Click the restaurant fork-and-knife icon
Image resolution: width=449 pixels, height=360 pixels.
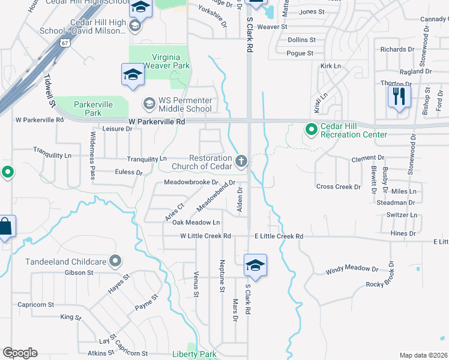[x=399, y=96]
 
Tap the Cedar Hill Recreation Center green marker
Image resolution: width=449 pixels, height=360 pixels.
[x=311, y=129]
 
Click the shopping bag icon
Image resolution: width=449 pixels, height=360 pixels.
[x=5, y=227]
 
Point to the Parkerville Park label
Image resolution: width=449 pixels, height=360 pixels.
[x=93, y=108]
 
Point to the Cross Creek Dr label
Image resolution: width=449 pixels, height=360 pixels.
[x=339, y=187]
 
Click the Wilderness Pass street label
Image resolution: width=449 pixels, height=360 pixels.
[x=92, y=155]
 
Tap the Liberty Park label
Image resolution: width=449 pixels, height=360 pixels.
[x=194, y=354]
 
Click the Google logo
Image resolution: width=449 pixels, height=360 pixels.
[x=20, y=353]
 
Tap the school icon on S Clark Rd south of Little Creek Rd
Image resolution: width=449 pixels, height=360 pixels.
[x=255, y=265]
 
